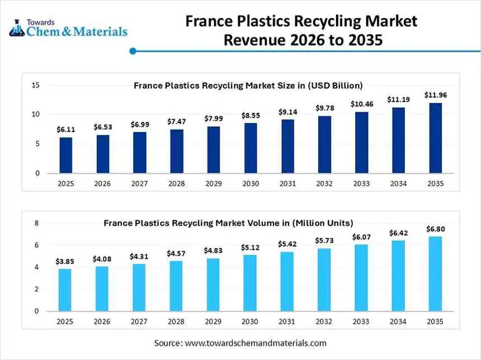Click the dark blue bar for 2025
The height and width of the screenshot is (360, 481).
pyautogui.click(x=65, y=155)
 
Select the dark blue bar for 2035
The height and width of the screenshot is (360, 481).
pyautogui.click(x=435, y=138)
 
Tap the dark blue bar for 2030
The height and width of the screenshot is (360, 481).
pyautogui.click(x=251, y=148)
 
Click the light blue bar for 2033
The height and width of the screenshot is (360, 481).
pyautogui.click(x=361, y=278)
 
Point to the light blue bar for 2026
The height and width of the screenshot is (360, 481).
pyautogui.click(x=102, y=288)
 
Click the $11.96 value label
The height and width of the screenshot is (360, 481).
pyautogui.click(x=435, y=95)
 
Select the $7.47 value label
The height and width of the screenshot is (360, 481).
pyautogui.click(x=176, y=121)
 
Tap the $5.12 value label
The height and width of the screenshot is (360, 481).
pyautogui.click(x=250, y=247)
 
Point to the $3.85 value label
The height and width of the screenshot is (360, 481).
pyautogui.click(x=65, y=261)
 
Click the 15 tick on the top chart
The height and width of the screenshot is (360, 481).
pyautogui.click(x=35, y=86)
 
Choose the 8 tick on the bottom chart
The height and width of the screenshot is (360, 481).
pyautogui.click(x=37, y=223)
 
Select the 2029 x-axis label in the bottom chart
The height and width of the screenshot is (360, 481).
pyautogui.click(x=213, y=321)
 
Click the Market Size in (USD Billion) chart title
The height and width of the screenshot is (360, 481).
pyautogui.click(x=248, y=86)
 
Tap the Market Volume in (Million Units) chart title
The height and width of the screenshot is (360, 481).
pyautogui.click(x=228, y=223)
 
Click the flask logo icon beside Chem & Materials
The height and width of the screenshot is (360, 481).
pyautogui.click(x=16, y=29)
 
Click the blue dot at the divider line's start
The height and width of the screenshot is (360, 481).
pyautogui.click(x=133, y=51)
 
